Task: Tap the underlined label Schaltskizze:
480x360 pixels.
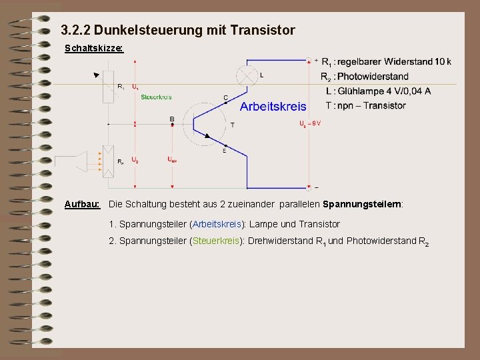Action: (x=93, y=49)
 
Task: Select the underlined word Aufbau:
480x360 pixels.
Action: (x=82, y=203)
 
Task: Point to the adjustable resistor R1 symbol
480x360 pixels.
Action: (x=108, y=87)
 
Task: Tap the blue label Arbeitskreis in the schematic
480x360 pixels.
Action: (x=273, y=106)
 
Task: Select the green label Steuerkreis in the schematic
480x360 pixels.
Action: (x=156, y=97)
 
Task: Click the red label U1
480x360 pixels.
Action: (x=135, y=87)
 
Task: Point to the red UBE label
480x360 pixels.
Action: (x=172, y=159)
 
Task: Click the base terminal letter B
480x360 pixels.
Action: (x=171, y=119)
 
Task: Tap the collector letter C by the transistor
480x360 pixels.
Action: (x=225, y=98)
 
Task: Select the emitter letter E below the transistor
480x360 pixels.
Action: (x=224, y=151)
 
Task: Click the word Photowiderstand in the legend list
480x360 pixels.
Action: (x=373, y=76)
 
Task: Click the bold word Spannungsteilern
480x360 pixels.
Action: (x=362, y=203)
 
